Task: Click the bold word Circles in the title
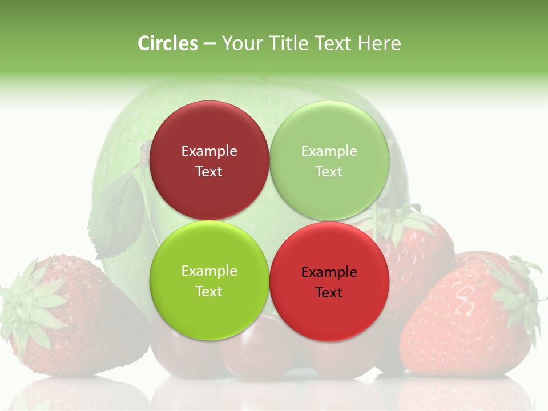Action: click(x=167, y=43)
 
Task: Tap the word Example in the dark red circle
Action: click(x=209, y=151)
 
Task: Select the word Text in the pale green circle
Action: click(x=329, y=172)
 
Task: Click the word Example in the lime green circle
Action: click(x=209, y=271)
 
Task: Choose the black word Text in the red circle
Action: click(x=329, y=293)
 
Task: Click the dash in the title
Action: click(x=209, y=43)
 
